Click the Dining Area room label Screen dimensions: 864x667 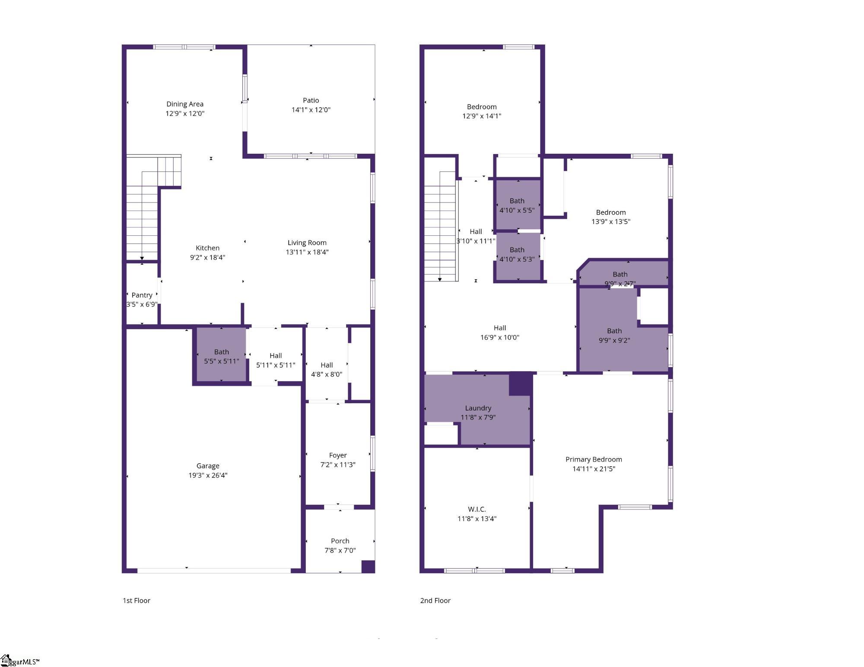185,104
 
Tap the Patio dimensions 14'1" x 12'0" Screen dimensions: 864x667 311,110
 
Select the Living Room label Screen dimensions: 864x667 307,243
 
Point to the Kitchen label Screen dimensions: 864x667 208,248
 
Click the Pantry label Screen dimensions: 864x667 142,295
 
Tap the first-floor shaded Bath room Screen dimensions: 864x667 222,355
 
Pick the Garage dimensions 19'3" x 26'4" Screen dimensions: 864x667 208,475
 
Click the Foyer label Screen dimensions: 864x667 338,455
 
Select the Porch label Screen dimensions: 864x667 340,541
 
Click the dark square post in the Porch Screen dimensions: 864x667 368,566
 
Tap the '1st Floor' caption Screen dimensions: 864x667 137,601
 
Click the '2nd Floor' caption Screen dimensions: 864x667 435,601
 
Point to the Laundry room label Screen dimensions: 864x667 478,408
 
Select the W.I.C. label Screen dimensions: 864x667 477,509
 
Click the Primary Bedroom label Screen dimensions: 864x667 594,459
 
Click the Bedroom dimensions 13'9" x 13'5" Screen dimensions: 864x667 611,221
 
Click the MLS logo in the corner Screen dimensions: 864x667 20,661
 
